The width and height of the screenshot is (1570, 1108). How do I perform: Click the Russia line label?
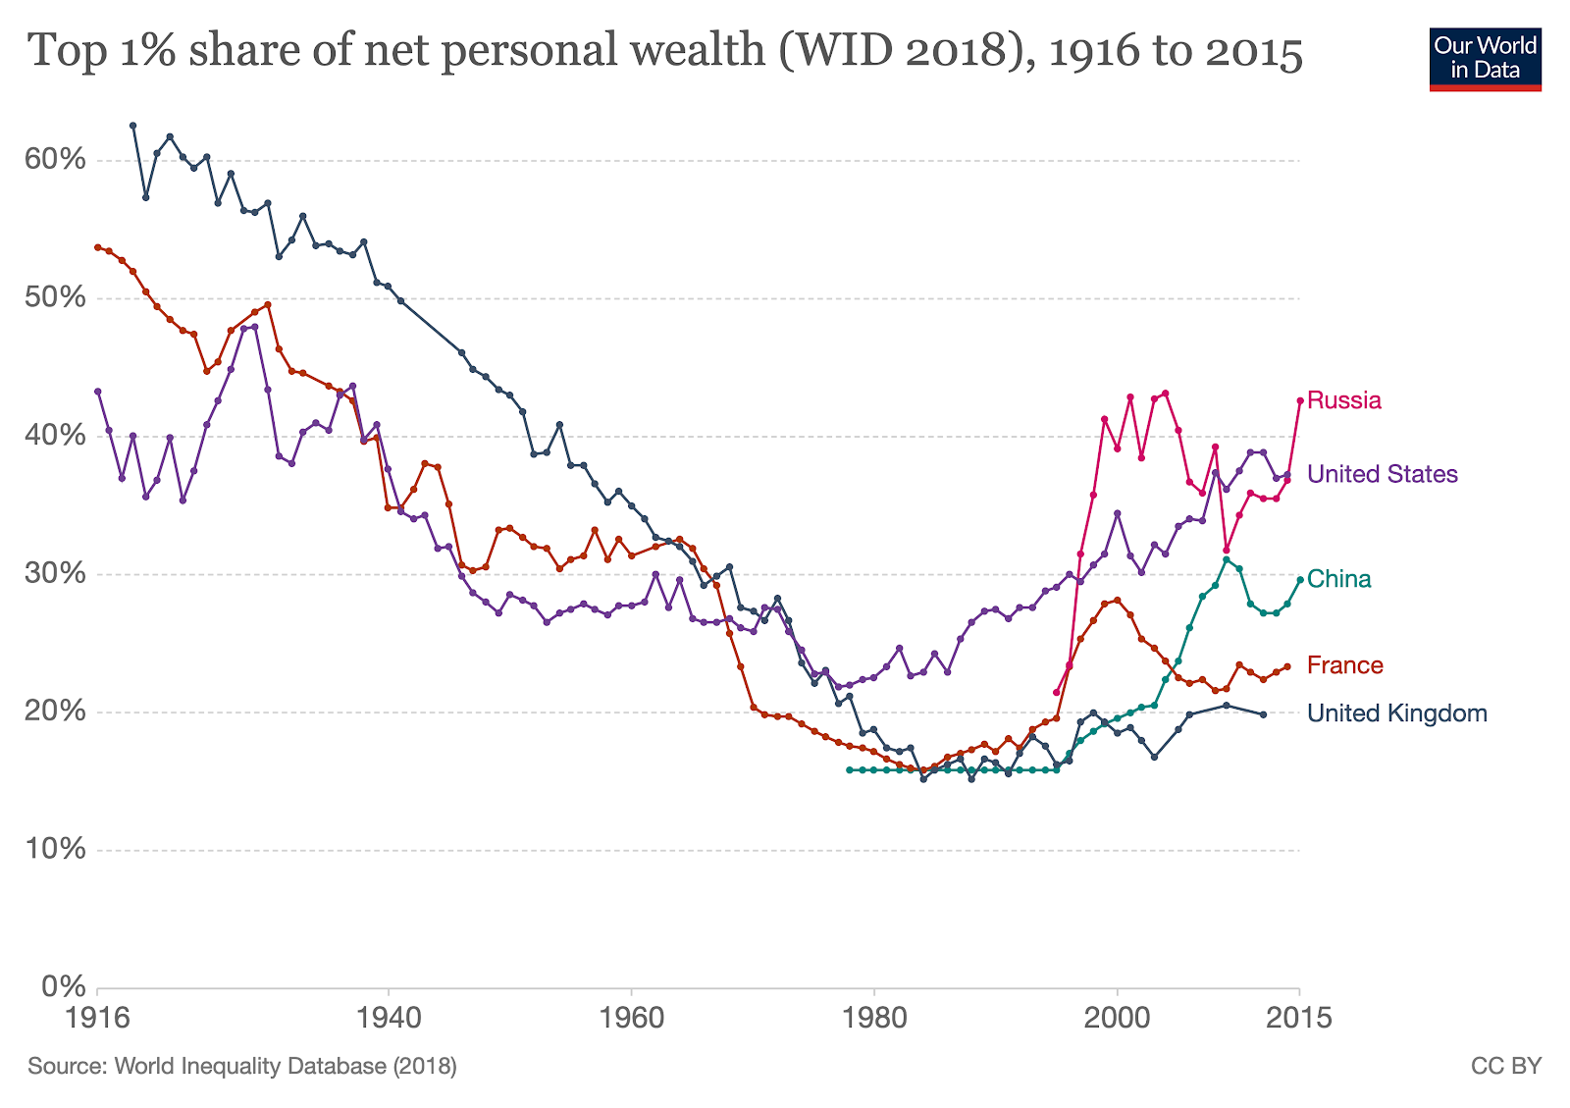[1344, 400]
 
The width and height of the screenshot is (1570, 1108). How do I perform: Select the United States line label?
[1383, 475]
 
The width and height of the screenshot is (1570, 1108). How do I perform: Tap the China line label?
[1339, 579]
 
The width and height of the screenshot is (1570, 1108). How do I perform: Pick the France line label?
[1345, 665]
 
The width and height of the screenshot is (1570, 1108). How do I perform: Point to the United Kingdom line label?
[1397, 713]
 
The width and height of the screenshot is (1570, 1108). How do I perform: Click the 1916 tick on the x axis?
[97, 1018]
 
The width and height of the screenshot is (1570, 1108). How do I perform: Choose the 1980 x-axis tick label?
[873, 1018]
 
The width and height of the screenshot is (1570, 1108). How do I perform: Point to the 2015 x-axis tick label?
[1299, 1018]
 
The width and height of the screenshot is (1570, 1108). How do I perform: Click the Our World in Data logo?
[1485, 59]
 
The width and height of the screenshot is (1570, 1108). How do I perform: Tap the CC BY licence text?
[1506, 1066]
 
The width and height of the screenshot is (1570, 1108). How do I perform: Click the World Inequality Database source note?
[242, 1066]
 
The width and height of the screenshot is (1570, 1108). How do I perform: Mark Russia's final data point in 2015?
[1300, 400]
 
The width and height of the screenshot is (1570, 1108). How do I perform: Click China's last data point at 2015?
[1300, 579]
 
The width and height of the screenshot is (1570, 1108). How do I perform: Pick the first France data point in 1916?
[97, 247]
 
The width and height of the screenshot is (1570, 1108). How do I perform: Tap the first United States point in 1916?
[97, 392]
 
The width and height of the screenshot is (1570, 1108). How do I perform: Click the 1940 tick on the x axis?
[388, 1018]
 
